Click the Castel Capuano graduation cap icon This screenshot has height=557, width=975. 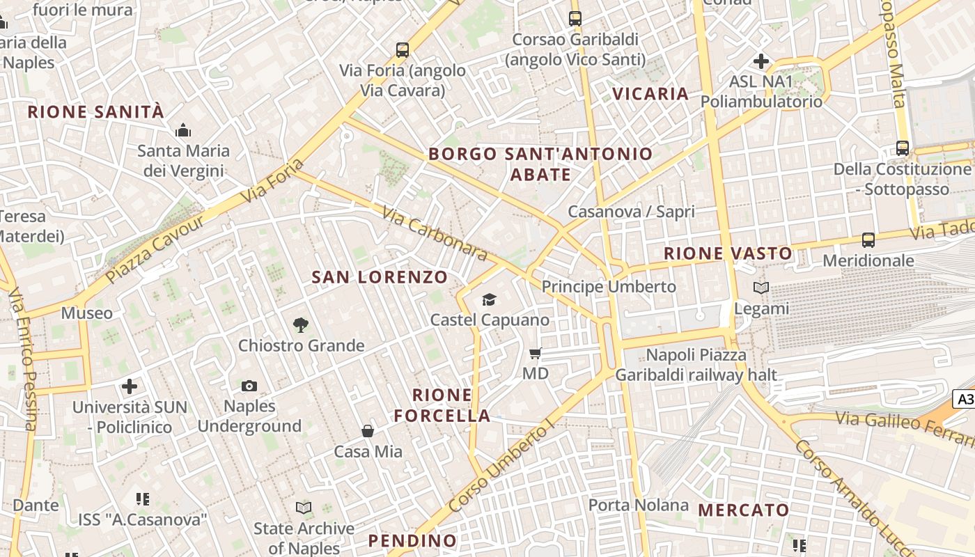pos(490,300)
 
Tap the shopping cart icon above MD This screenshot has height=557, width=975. pos(535,354)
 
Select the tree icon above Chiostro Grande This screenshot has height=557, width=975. pos(301,324)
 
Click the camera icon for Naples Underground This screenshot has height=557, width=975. pos(249,386)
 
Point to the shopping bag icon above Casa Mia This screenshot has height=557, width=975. pos(368,432)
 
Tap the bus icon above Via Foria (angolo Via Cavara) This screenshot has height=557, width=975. pos(403,50)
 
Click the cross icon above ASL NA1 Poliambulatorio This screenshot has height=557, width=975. pos(761,61)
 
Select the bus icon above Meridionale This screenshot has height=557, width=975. pos(868,240)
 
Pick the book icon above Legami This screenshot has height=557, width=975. pos(761,288)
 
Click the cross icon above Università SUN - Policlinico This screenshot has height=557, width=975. pos(130,386)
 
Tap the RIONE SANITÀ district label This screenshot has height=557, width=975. pos(96,111)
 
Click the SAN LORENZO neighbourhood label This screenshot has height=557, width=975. pos(380,277)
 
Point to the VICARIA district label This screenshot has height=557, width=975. pos(650,93)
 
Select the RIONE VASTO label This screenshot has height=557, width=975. pos(728,253)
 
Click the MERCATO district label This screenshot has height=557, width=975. pos(743,510)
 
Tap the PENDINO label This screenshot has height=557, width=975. pos(412,540)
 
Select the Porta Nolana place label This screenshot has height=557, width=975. pos(639,505)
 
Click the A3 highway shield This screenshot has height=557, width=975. pos(965,399)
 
